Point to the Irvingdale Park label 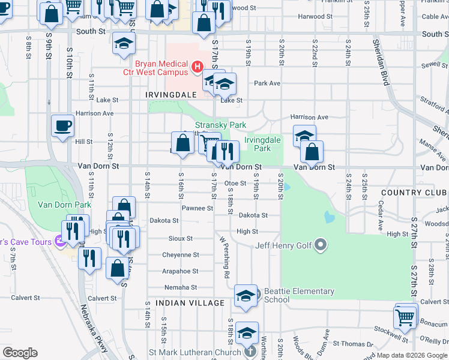pos(262,144)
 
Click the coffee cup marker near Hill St pos(62,126)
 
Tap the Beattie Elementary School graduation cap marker pos(246,296)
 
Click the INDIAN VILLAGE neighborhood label pos(190,303)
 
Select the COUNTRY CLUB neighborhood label pos(414,193)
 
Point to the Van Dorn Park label pos(65,204)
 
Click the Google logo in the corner pos(20,353)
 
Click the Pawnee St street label pos(198,208)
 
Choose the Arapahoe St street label pos(180,271)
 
